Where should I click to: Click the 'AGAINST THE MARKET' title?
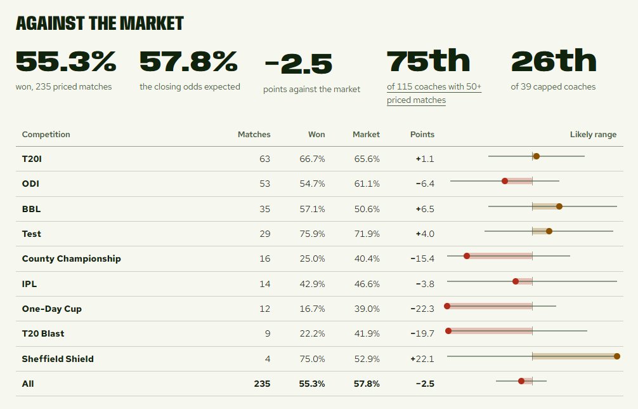[100, 23]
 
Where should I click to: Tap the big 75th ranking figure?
[429, 61]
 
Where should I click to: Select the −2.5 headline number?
[298, 64]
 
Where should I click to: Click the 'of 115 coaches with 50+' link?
[434, 87]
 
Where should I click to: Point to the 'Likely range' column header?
[593, 135]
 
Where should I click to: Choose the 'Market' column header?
[366, 135]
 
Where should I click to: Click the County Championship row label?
[71, 258]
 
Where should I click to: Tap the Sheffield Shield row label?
[58, 359]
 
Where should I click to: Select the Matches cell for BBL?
[265, 209]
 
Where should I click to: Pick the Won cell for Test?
[312, 234]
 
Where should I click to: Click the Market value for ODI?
[367, 184]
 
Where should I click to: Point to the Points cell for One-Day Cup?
[422, 309]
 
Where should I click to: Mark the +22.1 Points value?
[422, 359]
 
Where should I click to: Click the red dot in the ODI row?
[505, 181]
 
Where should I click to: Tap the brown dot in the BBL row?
[559, 206]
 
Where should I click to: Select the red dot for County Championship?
[467, 256]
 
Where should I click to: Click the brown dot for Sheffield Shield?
[617, 356]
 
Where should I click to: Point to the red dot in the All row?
[521, 381]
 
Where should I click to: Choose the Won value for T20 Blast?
[312, 333]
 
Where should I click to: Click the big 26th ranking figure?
[554, 61]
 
